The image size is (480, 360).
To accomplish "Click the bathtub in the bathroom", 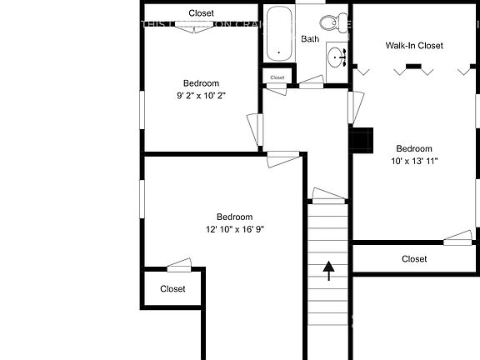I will pos(278,33).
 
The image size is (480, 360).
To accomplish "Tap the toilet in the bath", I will pos(333,22).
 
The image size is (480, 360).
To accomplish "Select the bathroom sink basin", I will pos(336,57).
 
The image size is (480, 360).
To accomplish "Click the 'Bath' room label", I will pos(310,39).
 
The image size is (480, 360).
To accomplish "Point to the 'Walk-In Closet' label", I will pos(414,45).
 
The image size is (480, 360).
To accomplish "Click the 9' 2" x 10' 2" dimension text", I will pos(201,96).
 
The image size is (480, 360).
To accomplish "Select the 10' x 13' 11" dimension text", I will pos(414,161).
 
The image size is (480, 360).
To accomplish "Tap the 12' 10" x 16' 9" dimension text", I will pos(235,229).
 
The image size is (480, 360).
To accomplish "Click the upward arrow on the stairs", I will pos(328,270).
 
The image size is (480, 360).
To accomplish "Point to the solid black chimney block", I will pos(362,140).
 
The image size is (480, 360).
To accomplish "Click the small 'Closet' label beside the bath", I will pos(277,77).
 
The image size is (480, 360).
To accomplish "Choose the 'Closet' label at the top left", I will pos(201,13).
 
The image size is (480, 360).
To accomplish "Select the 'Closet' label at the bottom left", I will pos(172,289).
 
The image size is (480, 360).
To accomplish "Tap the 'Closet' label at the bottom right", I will pos(414,259).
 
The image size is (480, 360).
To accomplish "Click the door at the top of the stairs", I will pos(327,196).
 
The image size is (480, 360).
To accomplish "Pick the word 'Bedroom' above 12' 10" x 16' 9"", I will pos(235,217).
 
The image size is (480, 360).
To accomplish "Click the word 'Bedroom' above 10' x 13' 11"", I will pos(414,148).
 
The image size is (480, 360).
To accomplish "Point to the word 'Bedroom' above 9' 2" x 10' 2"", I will pos(201,82).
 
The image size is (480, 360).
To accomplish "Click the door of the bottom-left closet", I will pos(179,266).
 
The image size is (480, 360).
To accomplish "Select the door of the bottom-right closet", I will pos(457,240).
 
